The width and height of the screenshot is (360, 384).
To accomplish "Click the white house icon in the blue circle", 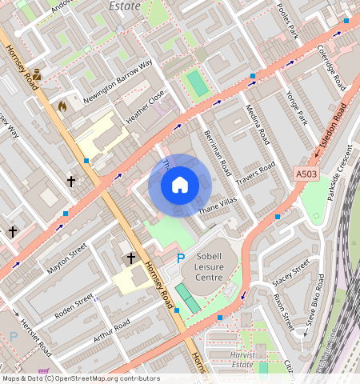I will [x=180, y=185].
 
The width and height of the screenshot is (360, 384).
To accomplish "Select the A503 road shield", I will [x=306, y=174].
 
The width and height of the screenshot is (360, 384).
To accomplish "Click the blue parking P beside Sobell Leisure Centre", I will [x=180, y=258].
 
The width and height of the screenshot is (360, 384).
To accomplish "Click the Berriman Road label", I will [x=217, y=152].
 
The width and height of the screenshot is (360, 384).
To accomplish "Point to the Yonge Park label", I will [x=295, y=108].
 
